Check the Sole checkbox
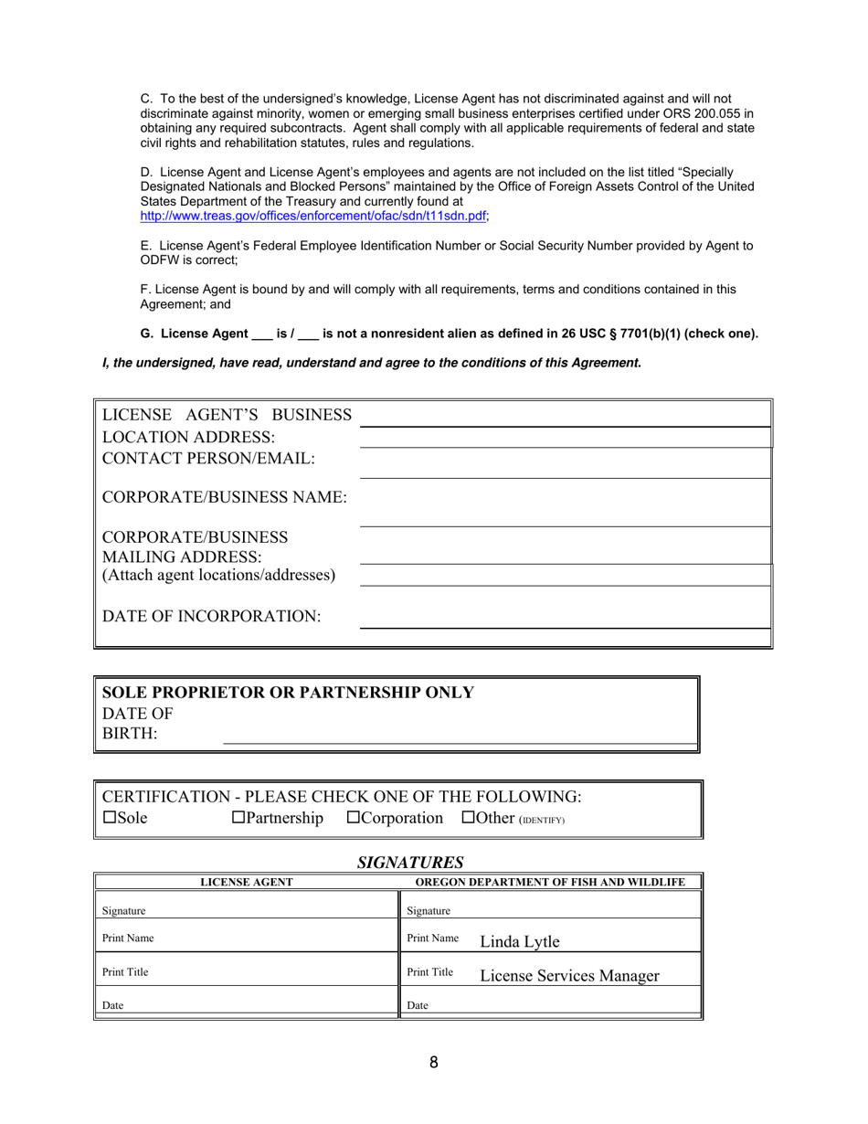(110, 818)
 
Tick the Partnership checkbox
(238, 818)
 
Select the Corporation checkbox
(354, 818)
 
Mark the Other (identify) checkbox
(469, 818)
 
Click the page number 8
(433, 1062)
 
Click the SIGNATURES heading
(410, 862)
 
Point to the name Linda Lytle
(519, 941)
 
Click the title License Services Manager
(569, 976)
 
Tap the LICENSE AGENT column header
(247, 882)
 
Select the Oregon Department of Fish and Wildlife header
(550, 882)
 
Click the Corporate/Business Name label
(225, 497)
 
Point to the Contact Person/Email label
(209, 458)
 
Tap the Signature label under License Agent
(124, 911)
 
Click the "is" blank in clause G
(261, 334)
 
